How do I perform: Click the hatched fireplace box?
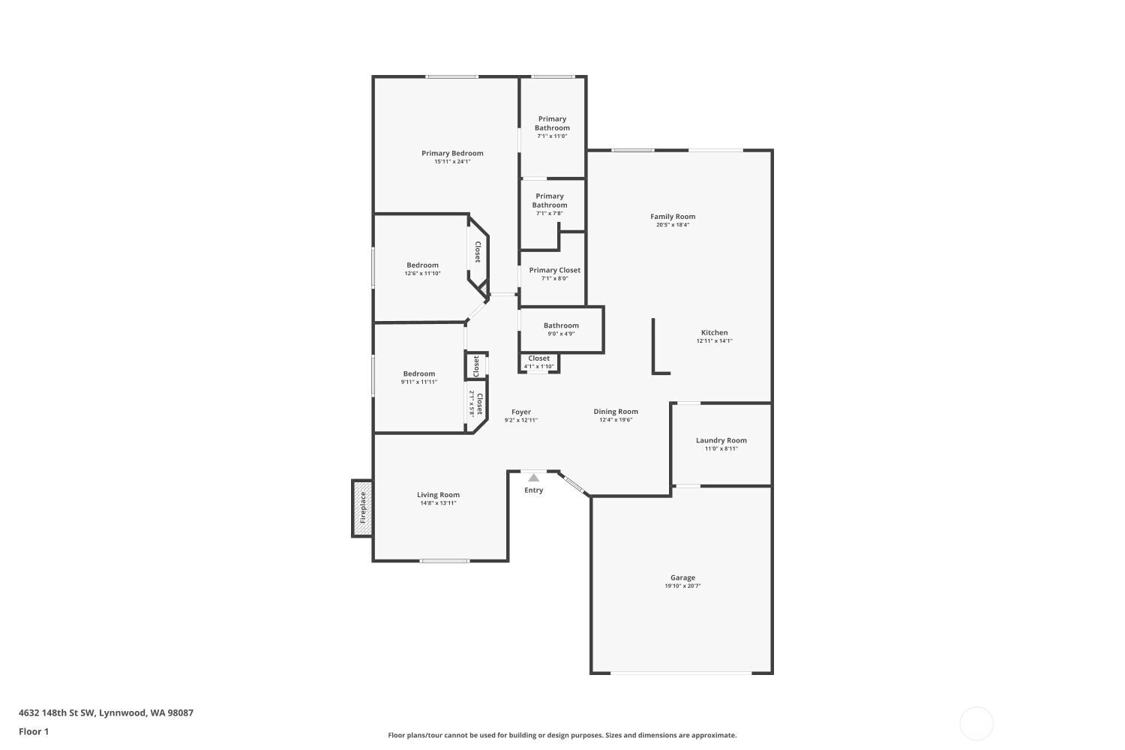tap(362, 508)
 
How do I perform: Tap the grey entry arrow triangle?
tap(533, 478)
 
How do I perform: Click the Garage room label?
tap(682, 577)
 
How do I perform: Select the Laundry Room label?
tap(721, 440)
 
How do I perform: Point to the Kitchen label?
tap(714, 332)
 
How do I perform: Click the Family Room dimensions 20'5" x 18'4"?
tap(673, 224)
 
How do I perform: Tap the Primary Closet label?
tap(554, 270)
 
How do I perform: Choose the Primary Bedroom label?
tap(452, 153)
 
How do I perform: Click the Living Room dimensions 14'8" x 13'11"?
tap(438, 502)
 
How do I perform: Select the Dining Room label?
tap(616, 412)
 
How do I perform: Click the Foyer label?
tap(520, 412)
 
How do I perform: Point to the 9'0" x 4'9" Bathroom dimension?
tap(561, 334)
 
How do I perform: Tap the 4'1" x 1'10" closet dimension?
tap(539, 367)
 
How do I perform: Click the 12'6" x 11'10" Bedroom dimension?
tap(422, 273)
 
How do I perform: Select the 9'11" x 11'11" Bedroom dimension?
tap(418, 382)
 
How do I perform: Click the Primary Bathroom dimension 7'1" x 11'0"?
tap(552, 136)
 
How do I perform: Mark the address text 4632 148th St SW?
tap(57, 712)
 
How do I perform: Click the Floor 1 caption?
tap(34, 731)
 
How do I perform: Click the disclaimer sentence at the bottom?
tap(562, 735)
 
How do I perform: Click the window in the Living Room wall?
tap(445, 560)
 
